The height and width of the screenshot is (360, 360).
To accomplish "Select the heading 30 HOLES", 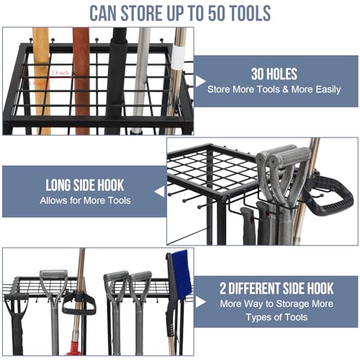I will click(x=274, y=73).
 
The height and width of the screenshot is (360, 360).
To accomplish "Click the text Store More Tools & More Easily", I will click(x=274, y=90).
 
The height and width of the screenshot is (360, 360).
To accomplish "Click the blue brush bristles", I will click(x=181, y=274).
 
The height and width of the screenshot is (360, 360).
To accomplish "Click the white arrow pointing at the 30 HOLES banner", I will click(x=199, y=81).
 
